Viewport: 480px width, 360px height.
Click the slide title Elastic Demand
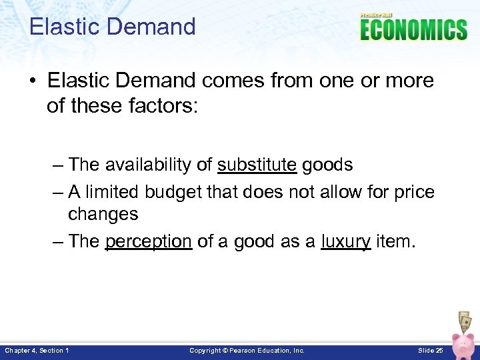(113, 27)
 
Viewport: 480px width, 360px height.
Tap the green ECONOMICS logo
(413, 30)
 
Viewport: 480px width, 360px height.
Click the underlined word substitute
(257, 165)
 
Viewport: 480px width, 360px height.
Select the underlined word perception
(149, 241)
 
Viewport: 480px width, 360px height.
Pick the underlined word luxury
(345, 241)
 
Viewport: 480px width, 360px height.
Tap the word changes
(103, 214)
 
